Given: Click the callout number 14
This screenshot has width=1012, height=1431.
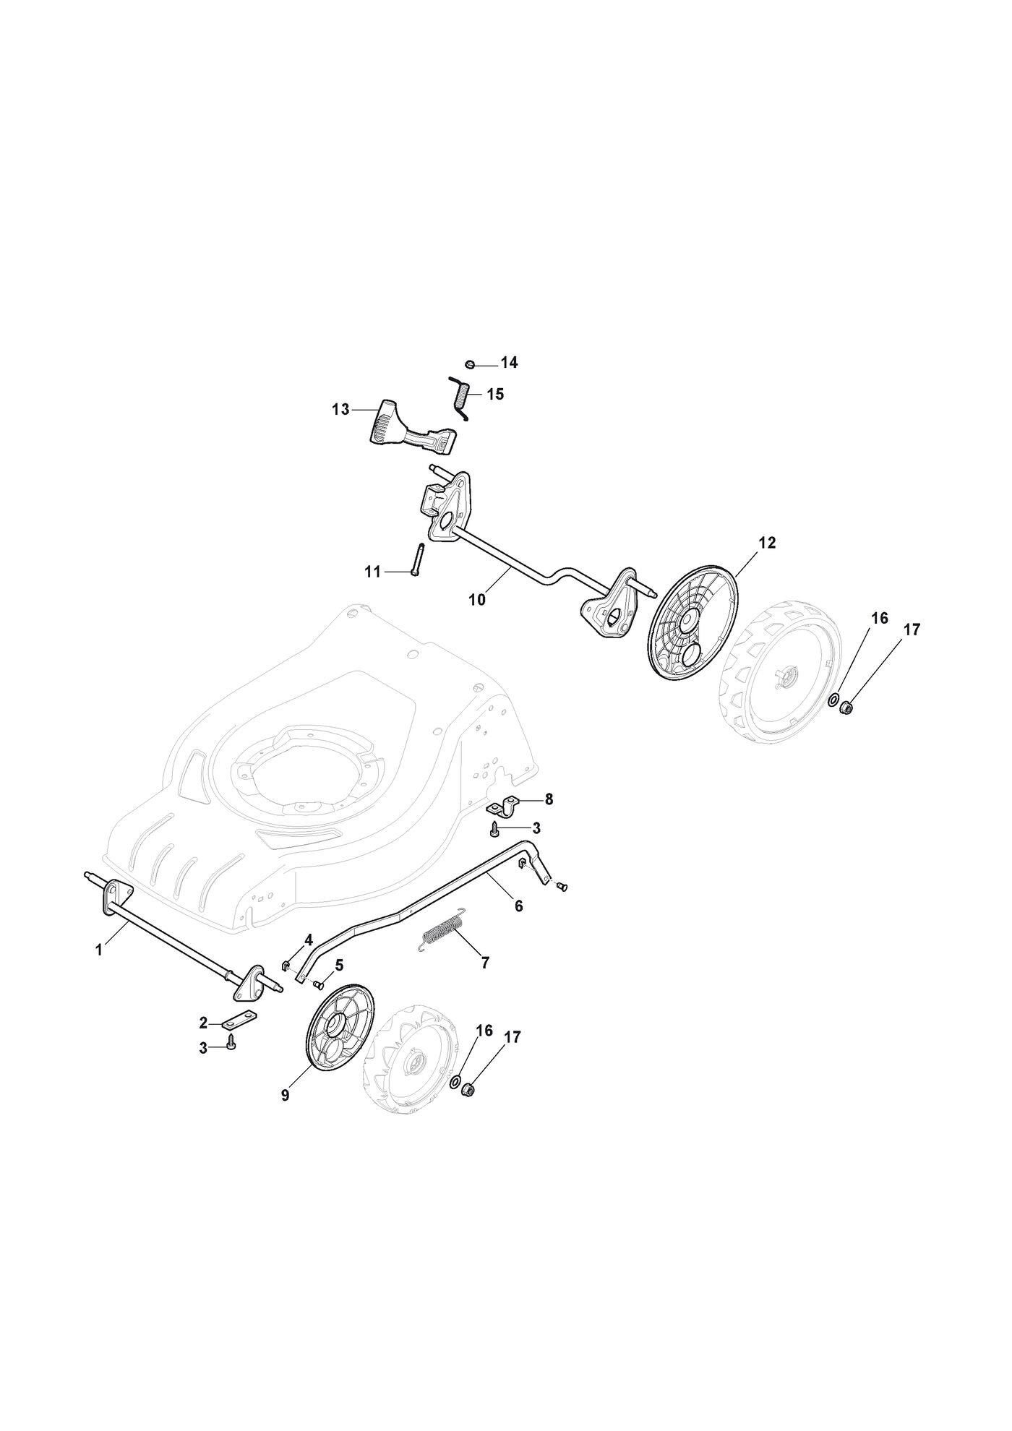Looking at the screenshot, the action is [510, 363].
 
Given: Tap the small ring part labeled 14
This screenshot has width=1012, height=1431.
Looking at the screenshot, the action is [470, 364].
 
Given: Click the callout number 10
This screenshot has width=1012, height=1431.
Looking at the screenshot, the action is [477, 599].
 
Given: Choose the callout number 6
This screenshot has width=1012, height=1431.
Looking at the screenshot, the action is [518, 905].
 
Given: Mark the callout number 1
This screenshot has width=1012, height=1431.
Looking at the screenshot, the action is [99, 950].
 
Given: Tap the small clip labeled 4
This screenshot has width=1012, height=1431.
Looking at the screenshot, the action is [286, 966].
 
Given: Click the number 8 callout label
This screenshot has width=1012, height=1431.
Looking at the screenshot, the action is [549, 799].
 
